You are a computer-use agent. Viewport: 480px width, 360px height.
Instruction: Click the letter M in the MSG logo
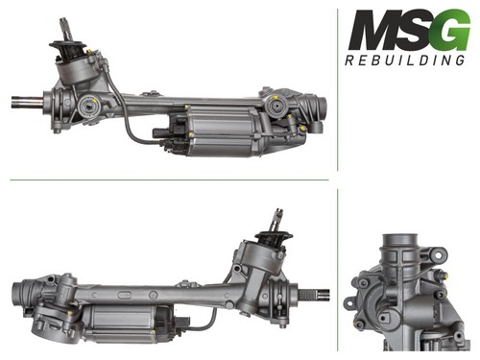coord(373,30)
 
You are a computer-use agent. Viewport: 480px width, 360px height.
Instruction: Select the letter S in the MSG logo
coord(415,30)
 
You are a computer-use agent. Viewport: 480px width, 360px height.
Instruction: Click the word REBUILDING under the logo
coord(405,60)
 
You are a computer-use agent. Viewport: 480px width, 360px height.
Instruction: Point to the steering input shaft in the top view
coord(64,30)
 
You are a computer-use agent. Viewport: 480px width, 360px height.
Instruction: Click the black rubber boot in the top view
coord(68,50)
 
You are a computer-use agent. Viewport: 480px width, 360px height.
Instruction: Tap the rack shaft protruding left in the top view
coord(27,102)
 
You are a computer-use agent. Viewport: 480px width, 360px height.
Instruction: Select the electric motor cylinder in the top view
coord(221,131)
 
